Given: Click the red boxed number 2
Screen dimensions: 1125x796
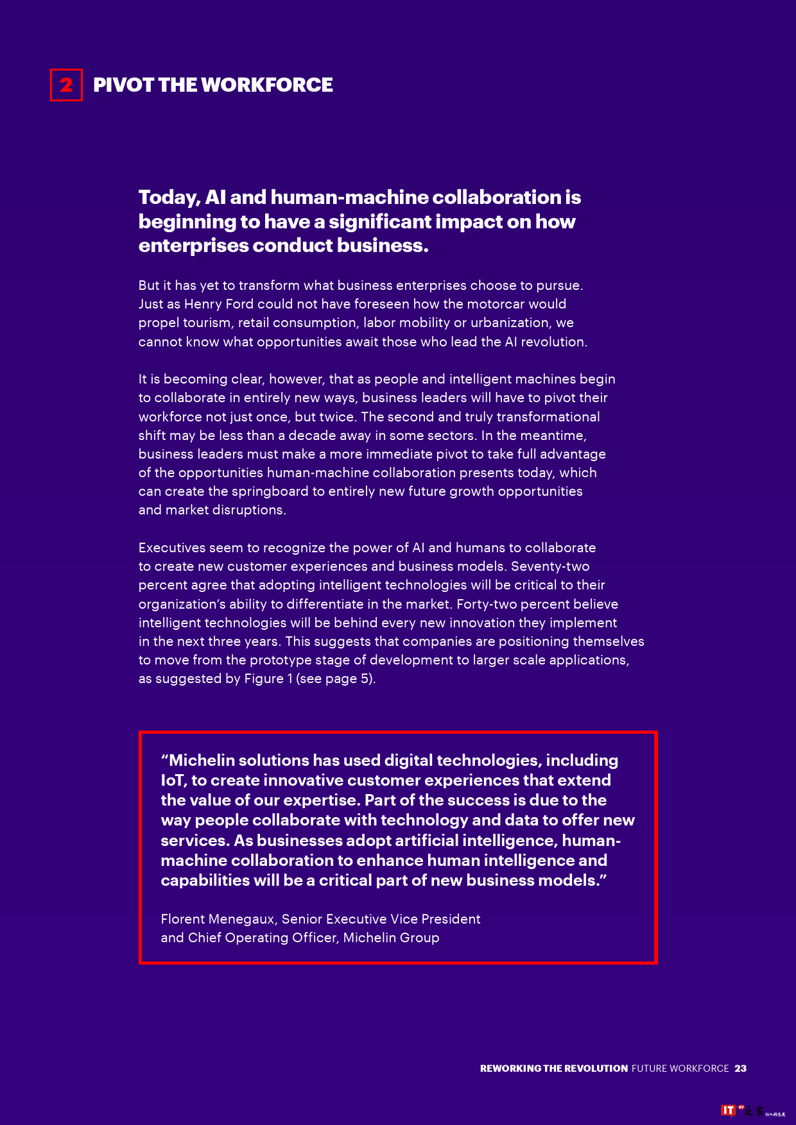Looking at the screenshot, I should (x=66, y=85).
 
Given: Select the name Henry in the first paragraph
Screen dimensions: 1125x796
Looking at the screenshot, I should (x=203, y=304).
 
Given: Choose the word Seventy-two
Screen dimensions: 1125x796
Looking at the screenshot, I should (x=550, y=566).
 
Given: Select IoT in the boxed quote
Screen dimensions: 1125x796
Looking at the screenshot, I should (x=173, y=781).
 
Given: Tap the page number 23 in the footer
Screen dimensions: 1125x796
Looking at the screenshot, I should (x=741, y=1069).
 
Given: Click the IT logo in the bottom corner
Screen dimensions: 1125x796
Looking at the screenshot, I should (x=728, y=1110).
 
